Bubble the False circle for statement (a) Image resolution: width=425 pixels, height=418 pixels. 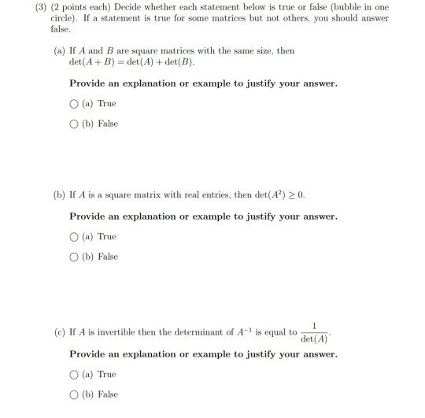click(x=75, y=124)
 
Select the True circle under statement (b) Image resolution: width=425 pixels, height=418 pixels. click(x=75, y=237)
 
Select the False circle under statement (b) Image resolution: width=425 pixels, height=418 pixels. click(x=75, y=256)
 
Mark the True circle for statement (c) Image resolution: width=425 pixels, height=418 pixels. click(x=75, y=375)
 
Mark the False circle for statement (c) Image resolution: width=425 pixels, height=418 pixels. click(x=75, y=394)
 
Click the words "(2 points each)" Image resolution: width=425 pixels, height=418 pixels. click(x=75, y=6)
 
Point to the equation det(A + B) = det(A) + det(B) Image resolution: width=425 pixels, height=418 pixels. click(x=132, y=61)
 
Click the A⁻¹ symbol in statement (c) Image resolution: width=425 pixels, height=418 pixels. click(x=242, y=331)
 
